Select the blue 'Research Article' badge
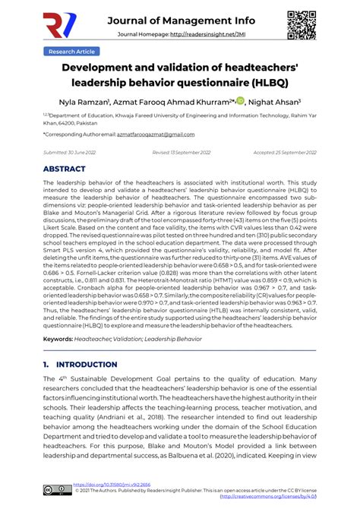coord(71,51)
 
